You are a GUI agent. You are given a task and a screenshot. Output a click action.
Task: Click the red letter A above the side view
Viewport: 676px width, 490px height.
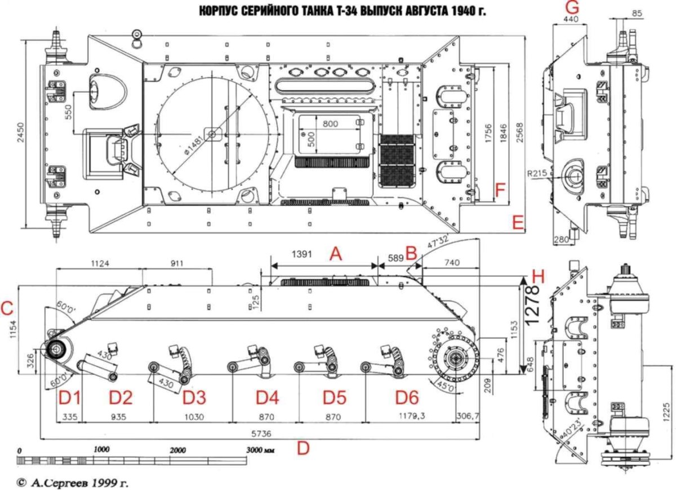click(336, 254)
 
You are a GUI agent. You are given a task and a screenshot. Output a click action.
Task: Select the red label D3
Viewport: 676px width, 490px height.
click(194, 398)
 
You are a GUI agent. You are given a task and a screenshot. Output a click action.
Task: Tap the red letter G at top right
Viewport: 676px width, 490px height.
click(571, 8)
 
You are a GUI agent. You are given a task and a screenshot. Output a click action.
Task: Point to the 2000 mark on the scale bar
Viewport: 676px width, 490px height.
click(177, 451)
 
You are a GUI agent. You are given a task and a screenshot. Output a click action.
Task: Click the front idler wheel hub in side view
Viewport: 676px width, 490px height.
click(57, 350)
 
